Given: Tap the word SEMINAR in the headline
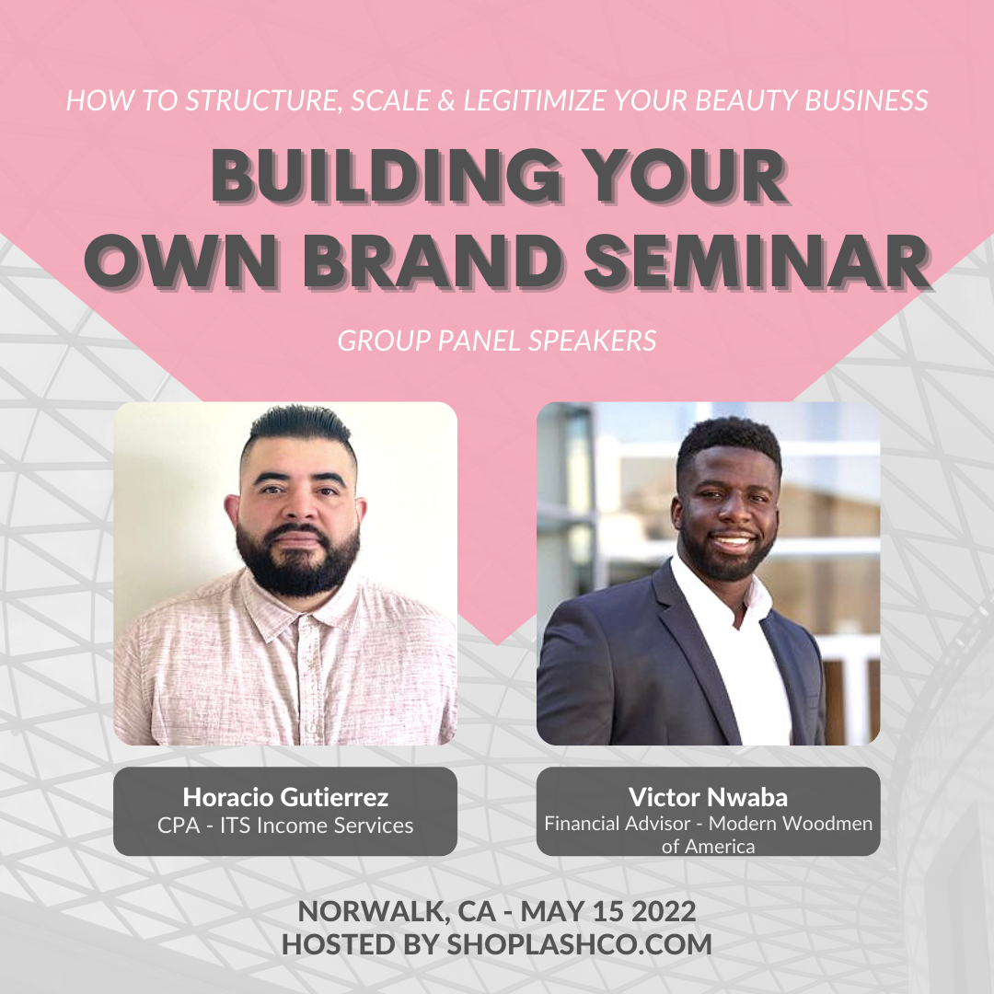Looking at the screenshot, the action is click(757, 262).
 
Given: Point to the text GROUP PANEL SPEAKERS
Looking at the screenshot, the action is click(497, 341).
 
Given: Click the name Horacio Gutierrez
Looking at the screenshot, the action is click(285, 797).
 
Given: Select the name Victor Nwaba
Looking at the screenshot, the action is click(708, 797).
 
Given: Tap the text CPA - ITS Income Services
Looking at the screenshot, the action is click(285, 826).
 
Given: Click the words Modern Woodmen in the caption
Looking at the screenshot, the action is click(791, 823).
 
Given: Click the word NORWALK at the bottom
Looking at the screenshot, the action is click(371, 911).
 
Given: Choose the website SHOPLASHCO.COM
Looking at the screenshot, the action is click(580, 944).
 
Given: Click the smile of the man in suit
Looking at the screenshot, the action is click(733, 541).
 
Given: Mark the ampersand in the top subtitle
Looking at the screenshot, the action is click(446, 101).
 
